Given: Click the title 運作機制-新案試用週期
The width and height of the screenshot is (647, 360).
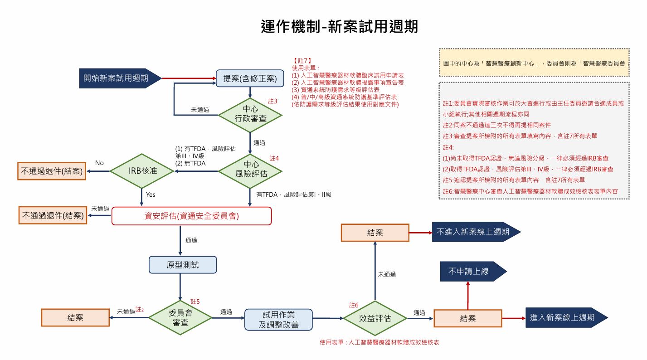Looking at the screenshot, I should [340, 27].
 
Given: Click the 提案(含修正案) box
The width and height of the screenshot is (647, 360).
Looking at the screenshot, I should [250, 78].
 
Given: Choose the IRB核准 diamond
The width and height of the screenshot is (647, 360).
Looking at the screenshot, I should [142, 171].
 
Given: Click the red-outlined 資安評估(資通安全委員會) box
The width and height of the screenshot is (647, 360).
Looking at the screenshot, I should [191, 216].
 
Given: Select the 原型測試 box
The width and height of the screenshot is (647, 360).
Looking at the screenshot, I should [183, 265].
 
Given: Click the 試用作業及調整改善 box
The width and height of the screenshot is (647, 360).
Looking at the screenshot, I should [278, 319].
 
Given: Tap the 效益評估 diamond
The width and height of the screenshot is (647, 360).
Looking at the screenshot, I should [375, 318].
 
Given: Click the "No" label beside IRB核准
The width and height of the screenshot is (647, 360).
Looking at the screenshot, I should [99, 163].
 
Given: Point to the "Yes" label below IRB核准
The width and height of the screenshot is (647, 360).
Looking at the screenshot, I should [151, 195].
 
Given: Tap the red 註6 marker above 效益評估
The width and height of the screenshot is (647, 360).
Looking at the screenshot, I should [354, 305].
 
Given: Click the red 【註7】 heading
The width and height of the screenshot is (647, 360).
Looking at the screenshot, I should [302, 60].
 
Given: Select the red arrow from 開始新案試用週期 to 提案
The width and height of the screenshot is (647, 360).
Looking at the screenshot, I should [188, 78].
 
